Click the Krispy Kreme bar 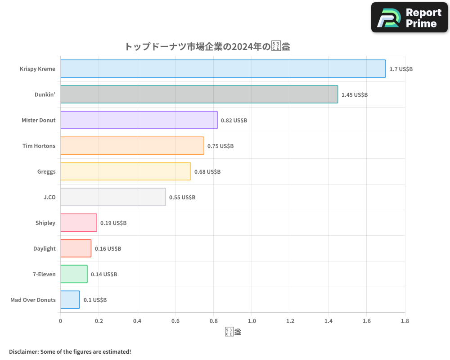coord(223,69)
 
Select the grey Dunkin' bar coord(199,94)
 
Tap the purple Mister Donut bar coord(139,120)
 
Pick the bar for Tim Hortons coord(132,146)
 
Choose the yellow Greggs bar coord(125,171)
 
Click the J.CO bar coord(113,197)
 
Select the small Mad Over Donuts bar coord(70,300)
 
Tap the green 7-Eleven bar coord(74,274)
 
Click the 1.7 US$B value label coord(401,69)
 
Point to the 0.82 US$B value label coord(234,121)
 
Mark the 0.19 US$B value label coord(113,223)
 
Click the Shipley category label coord(45,223)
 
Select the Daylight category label coord(45,248)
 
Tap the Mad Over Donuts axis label coord(33,300)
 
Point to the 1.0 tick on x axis coord(252,321)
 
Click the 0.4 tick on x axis coord(137,321)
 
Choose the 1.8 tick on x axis coord(405,321)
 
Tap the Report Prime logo coord(409,18)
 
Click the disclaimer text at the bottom coord(70,351)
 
